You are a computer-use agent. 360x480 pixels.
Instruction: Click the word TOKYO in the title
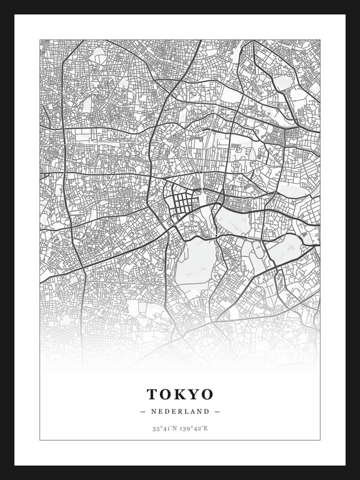179,393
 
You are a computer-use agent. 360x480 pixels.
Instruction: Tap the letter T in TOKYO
153,393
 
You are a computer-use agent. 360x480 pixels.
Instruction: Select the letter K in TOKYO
181,393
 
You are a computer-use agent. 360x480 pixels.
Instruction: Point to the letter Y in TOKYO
194,393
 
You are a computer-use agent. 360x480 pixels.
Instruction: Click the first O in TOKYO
166,393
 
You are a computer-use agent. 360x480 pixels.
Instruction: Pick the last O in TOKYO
206,393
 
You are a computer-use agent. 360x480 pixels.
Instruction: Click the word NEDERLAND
179,411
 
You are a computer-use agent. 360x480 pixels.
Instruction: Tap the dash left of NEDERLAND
142,411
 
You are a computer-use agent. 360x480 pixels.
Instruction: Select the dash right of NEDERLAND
217,411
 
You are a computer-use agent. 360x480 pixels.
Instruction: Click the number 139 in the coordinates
186,428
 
